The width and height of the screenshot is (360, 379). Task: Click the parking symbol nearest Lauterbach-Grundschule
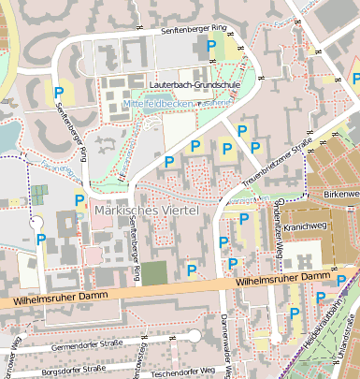[x=211, y=45]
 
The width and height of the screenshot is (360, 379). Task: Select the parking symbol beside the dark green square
[x=192, y=270]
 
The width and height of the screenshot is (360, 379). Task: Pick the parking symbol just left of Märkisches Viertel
[x=79, y=199]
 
